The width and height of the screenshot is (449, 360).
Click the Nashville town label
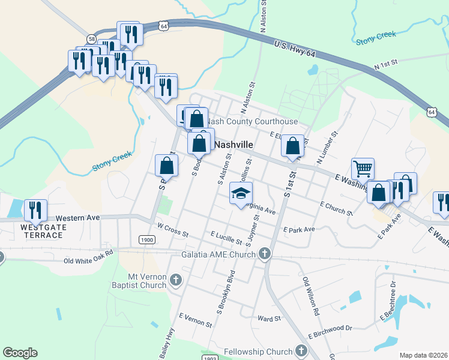point(234,145)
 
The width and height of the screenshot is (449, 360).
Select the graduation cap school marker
point(241,193)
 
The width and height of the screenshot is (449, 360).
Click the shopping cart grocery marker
point(363,169)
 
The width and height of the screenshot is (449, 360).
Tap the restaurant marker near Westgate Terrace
point(35,210)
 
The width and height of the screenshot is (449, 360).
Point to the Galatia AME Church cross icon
point(264,254)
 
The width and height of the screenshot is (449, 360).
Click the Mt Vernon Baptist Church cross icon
point(176,280)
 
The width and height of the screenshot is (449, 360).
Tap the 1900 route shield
point(146,239)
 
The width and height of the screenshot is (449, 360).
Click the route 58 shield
point(91,38)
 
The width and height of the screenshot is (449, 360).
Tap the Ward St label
point(269,319)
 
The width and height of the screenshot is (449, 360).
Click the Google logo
point(20,353)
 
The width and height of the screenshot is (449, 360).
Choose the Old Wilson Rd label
point(309,297)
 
